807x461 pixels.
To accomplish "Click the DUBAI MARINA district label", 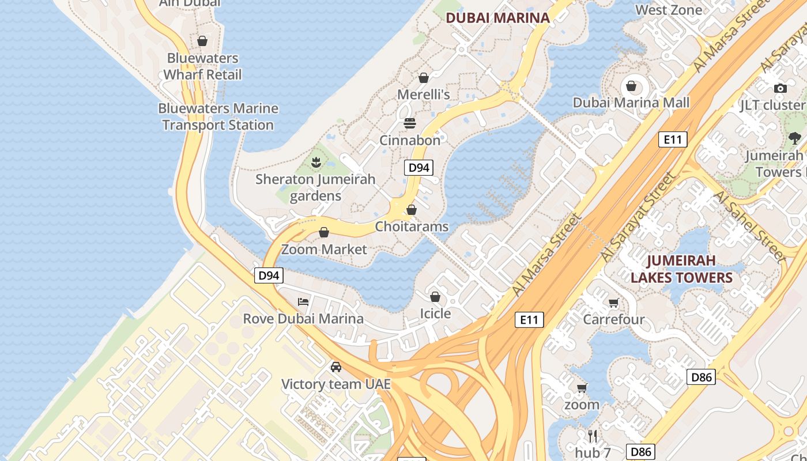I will (x=497, y=18).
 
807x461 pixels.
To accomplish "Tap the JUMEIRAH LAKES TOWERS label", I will (x=681, y=269).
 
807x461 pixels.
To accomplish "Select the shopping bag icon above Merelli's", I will (x=424, y=77).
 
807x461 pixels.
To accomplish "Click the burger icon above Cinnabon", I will (x=410, y=123).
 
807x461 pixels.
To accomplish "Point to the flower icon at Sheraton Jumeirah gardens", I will (x=315, y=163).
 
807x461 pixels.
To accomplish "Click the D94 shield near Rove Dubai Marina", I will (x=269, y=275).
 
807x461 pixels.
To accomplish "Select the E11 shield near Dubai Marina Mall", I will (x=672, y=139).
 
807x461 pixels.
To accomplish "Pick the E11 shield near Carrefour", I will (x=529, y=319).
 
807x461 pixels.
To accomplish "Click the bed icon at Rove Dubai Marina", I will (x=303, y=301).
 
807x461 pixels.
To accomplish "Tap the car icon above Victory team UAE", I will (x=335, y=366).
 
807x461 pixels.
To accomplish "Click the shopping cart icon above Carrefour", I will (x=613, y=303).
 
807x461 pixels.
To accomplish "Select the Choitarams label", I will (x=412, y=226).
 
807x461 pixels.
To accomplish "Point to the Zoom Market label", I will (x=324, y=250).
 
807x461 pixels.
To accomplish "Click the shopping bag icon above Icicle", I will (x=435, y=297).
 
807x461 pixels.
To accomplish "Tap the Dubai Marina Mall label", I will (x=631, y=103).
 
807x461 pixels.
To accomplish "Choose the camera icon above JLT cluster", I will (x=780, y=88).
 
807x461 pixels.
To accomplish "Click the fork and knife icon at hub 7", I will (x=592, y=436).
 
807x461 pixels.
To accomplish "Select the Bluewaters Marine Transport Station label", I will (x=218, y=116).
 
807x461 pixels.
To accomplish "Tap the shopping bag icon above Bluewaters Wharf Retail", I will (x=202, y=41).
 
